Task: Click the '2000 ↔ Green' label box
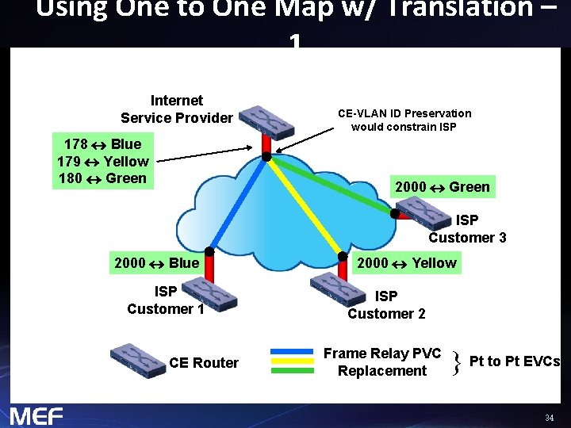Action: tap(443, 187)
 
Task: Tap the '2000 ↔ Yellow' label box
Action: tap(407, 263)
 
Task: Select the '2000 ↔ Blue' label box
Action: tap(157, 263)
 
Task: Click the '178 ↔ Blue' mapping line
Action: tap(102, 144)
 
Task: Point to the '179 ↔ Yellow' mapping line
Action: tap(102, 161)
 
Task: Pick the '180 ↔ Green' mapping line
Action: tap(102, 178)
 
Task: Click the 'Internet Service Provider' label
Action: tap(177, 109)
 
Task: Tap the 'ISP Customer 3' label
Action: tap(467, 228)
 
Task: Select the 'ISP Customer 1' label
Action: tap(166, 300)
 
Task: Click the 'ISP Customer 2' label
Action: tap(386, 304)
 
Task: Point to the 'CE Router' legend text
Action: tap(204, 363)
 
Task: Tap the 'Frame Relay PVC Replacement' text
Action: tap(382, 362)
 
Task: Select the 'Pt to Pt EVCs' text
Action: tap(515, 361)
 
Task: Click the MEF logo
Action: tap(36, 415)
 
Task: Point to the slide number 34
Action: tap(549, 418)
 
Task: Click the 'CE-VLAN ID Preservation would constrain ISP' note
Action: tap(404, 120)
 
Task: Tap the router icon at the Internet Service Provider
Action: tap(268, 120)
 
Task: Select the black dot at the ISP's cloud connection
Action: tap(267, 157)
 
